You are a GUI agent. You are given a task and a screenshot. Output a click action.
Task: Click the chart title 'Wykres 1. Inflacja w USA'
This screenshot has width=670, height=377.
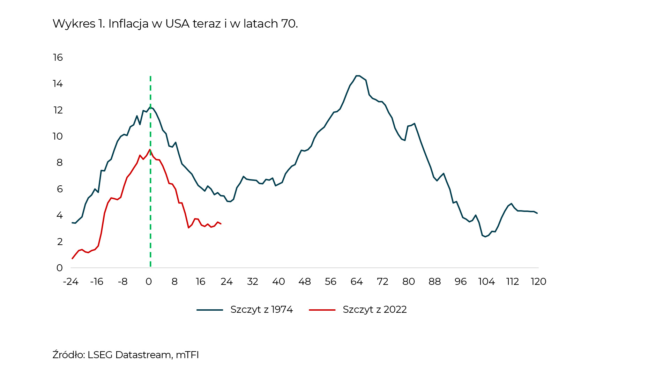tap(175, 24)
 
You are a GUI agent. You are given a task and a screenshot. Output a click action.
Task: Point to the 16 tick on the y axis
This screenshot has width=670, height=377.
tap(58, 57)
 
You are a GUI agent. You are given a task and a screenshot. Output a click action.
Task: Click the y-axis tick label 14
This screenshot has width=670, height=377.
tap(58, 84)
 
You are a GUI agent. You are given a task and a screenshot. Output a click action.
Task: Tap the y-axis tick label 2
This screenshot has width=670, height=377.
tap(60, 242)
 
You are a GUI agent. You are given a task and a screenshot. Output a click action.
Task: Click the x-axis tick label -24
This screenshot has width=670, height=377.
tap(70, 282)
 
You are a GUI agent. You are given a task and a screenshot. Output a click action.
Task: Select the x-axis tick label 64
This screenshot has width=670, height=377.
tap(357, 282)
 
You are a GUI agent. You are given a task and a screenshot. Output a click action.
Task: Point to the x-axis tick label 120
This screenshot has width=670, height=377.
tap(538, 282)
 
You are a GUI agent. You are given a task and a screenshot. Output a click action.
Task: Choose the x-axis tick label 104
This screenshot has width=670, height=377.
tap(486, 282)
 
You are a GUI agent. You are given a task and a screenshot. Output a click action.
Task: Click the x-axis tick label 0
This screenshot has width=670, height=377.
tap(149, 282)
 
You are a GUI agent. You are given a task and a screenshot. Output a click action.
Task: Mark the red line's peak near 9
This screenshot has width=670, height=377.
tap(150, 150)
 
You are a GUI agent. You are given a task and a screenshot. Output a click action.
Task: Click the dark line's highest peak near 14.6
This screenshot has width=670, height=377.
tap(357, 76)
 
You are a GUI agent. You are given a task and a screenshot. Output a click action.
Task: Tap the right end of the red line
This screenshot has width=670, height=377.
tap(221, 224)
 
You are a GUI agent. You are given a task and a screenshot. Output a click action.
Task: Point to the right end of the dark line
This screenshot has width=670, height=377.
tap(537, 213)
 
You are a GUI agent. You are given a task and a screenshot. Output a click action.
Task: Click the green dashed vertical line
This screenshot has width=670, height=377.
tap(150, 209)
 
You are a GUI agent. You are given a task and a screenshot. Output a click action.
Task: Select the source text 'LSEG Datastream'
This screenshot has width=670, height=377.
tap(129, 355)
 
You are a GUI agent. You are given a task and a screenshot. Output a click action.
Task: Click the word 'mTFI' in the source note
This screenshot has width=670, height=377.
tap(187, 355)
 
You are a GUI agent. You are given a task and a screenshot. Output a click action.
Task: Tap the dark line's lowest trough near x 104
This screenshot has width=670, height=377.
tap(485, 237)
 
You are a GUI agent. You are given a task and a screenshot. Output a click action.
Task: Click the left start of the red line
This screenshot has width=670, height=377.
tap(72, 259)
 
